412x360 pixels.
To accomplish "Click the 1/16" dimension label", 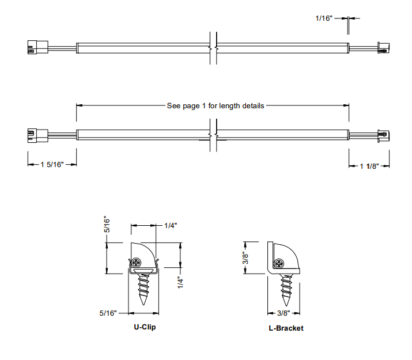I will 324,18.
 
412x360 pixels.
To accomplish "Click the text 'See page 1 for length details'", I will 215,106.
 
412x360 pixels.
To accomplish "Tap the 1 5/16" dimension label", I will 51,165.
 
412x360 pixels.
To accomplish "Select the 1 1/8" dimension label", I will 369,166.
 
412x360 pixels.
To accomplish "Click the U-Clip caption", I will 145,327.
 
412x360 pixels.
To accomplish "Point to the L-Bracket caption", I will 286,328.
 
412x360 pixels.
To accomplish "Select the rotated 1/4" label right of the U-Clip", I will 180,282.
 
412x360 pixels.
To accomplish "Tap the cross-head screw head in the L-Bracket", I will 279,264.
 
